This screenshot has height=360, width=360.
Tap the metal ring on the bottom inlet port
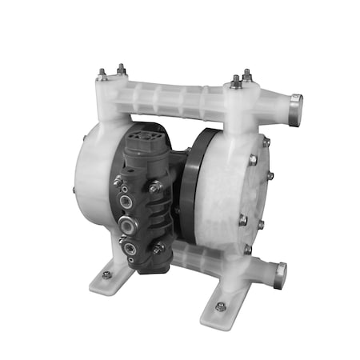click(279, 275)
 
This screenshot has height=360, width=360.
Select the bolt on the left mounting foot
click(106, 274)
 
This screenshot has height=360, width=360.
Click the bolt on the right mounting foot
click(221, 306)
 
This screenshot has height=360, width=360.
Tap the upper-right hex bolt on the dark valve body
click(154, 186)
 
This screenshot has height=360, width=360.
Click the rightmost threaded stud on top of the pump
click(246, 75)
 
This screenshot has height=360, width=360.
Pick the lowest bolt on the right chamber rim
click(248, 250)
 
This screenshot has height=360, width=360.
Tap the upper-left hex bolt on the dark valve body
click(118, 182)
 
